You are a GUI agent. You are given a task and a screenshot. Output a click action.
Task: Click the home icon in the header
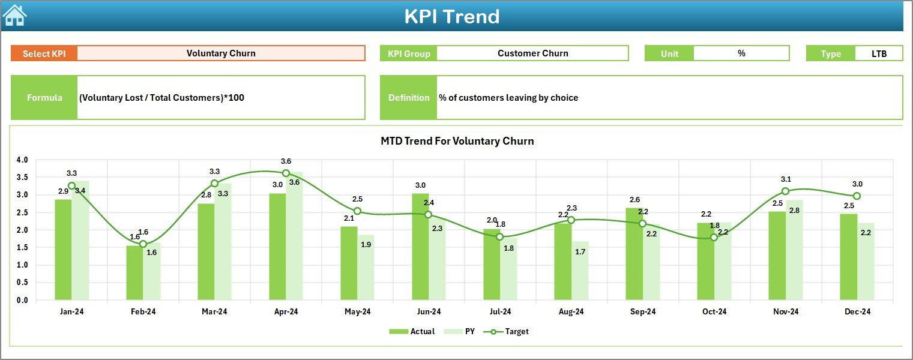click(14, 16)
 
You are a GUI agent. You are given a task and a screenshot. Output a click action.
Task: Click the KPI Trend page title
click(451, 16)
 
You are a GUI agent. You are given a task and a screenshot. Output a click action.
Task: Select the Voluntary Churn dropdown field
click(221, 53)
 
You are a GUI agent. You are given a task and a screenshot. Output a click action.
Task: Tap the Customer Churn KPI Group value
click(532, 53)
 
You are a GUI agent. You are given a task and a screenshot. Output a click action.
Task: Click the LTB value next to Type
click(879, 53)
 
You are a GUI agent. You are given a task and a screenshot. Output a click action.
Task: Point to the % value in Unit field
click(741, 53)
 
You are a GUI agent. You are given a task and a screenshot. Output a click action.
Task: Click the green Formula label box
click(44, 98)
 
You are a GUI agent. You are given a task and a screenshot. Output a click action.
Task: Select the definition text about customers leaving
click(508, 98)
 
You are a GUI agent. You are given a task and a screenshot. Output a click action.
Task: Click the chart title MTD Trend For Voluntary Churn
click(457, 141)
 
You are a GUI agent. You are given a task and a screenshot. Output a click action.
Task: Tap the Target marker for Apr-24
click(286, 173)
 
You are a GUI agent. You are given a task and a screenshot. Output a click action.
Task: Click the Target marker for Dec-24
click(857, 196)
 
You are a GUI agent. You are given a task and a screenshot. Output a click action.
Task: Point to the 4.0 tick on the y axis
click(22, 160)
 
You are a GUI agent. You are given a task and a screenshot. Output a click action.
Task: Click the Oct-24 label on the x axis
click(714, 312)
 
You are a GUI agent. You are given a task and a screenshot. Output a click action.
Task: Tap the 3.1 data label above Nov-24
click(786, 179)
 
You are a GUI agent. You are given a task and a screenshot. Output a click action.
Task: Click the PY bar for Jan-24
click(80, 240)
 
